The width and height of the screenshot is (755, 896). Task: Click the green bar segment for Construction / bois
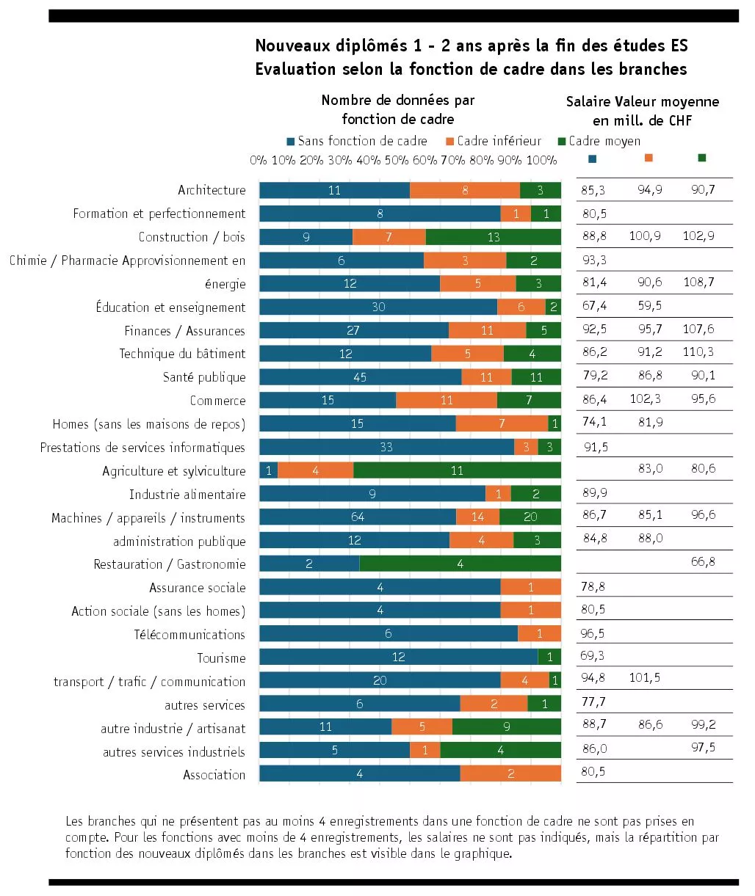point(494,237)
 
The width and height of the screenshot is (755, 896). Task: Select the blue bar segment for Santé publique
point(360,377)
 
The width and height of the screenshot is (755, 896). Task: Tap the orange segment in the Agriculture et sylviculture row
point(315,471)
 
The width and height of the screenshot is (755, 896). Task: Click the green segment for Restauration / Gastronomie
point(460,564)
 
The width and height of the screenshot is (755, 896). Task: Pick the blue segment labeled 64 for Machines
point(357,517)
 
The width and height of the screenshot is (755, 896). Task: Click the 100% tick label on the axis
point(541,160)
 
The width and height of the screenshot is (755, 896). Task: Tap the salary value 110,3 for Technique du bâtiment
point(698,352)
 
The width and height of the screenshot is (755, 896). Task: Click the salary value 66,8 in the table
point(703,562)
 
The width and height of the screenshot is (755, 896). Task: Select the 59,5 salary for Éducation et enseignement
point(650,306)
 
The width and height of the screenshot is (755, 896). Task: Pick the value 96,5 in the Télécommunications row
point(593,633)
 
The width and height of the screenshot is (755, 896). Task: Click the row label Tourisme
point(221,658)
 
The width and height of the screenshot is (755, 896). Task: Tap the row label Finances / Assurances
point(184,331)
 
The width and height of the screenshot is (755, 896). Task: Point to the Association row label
point(214,775)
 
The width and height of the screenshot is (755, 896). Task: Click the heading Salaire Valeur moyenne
point(642,102)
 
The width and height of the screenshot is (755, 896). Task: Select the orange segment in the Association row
point(510,773)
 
